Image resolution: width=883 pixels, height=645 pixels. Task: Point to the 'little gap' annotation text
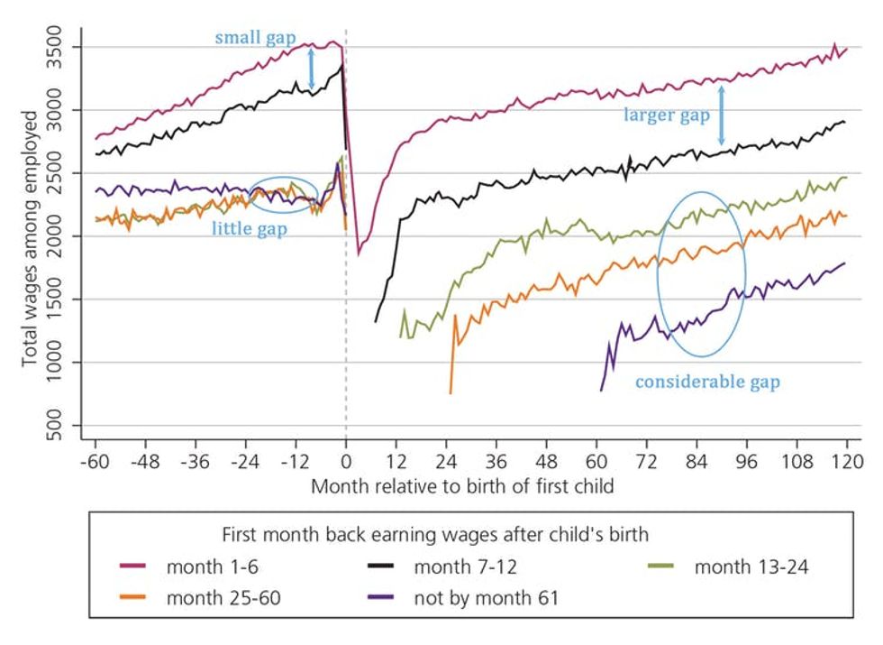250,228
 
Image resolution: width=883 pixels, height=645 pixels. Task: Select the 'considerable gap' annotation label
707,382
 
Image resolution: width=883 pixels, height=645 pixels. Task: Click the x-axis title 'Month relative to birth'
462,485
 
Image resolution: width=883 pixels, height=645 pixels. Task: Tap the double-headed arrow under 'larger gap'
721,115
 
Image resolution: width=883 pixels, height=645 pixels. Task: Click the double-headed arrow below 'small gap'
312,69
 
